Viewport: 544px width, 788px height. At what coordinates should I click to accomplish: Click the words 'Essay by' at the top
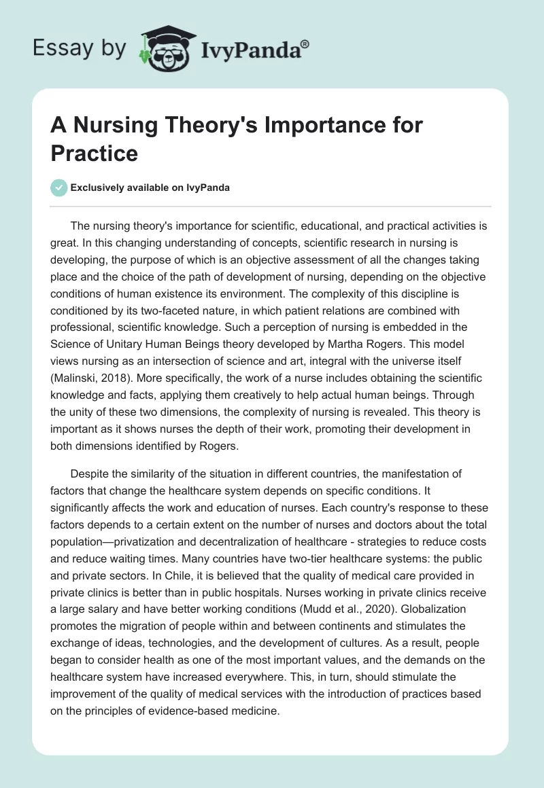pyautogui.click(x=79, y=48)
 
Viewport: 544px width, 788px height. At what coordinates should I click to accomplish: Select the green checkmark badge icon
pyautogui.click(x=59, y=188)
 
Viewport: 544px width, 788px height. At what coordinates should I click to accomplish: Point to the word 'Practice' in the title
pyautogui.click(x=95, y=153)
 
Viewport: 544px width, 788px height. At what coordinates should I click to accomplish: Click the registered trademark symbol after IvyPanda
pyautogui.click(x=305, y=43)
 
